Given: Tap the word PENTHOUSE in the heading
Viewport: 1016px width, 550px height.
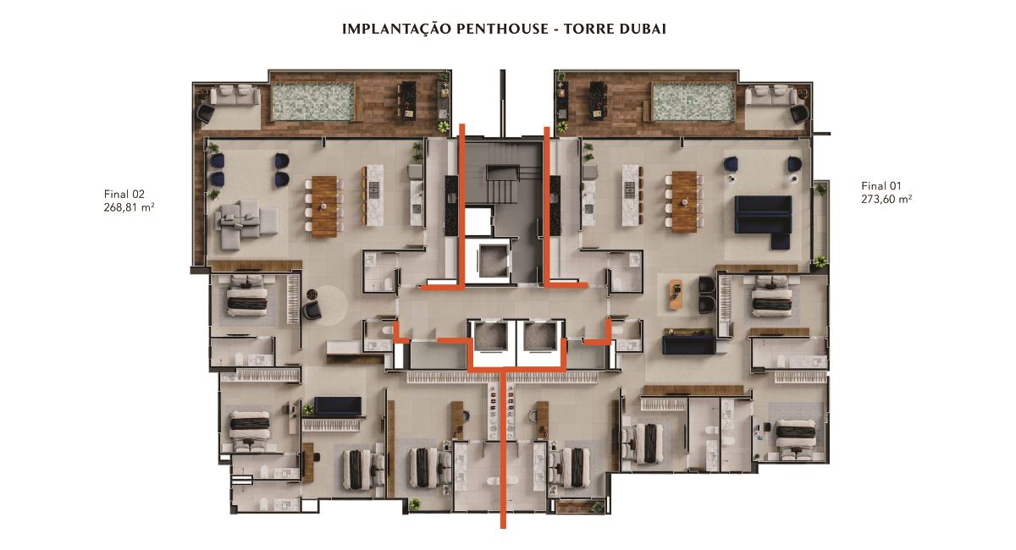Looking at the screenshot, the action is (x=503, y=29).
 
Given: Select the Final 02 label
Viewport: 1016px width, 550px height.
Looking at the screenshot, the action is (x=124, y=194).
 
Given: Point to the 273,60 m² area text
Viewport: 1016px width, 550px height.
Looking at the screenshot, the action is (x=886, y=199).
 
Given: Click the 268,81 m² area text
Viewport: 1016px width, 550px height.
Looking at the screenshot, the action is (x=130, y=207).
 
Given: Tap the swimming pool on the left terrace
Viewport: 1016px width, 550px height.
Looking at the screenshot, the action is (x=313, y=103).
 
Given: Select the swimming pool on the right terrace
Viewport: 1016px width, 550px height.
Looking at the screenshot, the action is (x=693, y=102).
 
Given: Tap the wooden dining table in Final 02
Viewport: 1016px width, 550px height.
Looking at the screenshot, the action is (x=324, y=206).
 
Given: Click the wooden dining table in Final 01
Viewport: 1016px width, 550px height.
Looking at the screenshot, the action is (x=684, y=201).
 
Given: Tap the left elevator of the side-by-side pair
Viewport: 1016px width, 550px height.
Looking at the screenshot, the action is (x=490, y=336).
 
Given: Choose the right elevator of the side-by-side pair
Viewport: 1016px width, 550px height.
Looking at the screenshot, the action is (x=540, y=336).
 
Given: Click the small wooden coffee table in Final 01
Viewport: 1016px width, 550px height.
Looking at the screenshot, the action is (x=676, y=294).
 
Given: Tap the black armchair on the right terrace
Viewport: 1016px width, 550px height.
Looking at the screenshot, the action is (x=799, y=114).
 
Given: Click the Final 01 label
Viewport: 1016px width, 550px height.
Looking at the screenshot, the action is (x=881, y=186).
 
